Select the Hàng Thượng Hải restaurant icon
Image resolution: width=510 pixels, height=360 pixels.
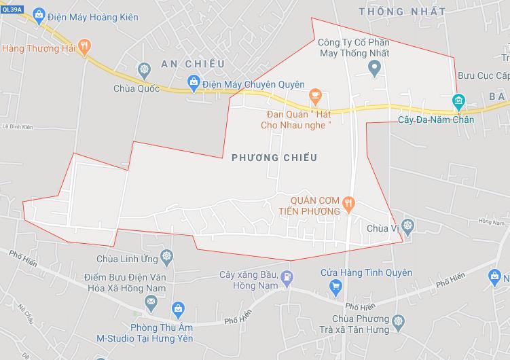click(84, 47)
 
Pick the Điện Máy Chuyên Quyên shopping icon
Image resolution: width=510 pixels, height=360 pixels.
click(194, 84)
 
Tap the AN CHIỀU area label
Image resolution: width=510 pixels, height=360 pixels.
click(192, 64)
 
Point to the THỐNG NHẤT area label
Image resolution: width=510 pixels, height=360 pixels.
click(402, 12)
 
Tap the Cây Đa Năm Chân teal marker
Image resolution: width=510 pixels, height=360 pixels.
click(458, 102)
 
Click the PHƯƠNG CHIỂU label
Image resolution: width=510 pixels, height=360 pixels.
click(274, 158)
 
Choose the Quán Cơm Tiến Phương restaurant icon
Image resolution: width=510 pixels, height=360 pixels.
click(348, 202)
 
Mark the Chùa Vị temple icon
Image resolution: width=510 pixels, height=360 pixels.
click(407, 224)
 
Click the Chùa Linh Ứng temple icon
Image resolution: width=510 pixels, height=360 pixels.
click(168, 256)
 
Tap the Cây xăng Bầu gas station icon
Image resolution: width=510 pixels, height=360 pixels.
click(288, 276)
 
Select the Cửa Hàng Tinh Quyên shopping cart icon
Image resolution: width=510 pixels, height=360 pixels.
click(335, 287)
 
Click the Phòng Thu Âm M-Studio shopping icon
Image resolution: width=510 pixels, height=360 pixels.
click(178, 308)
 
